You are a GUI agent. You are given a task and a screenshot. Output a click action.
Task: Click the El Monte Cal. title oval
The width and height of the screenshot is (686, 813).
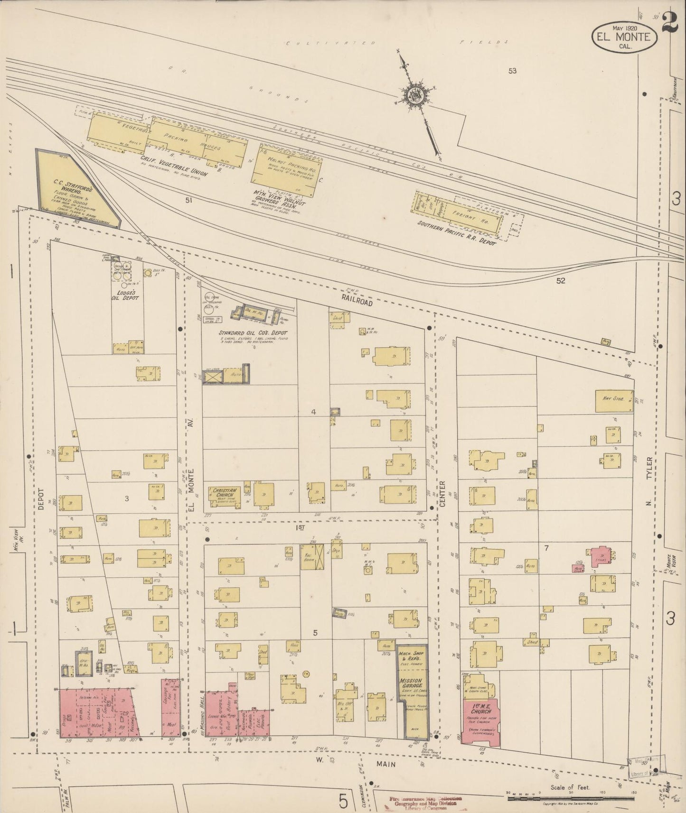[x=624, y=37]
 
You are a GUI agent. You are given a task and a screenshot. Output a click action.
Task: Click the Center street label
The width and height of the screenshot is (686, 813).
[x=442, y=494]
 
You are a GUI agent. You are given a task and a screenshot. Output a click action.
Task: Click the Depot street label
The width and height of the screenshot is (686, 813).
[x=41, y=499]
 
